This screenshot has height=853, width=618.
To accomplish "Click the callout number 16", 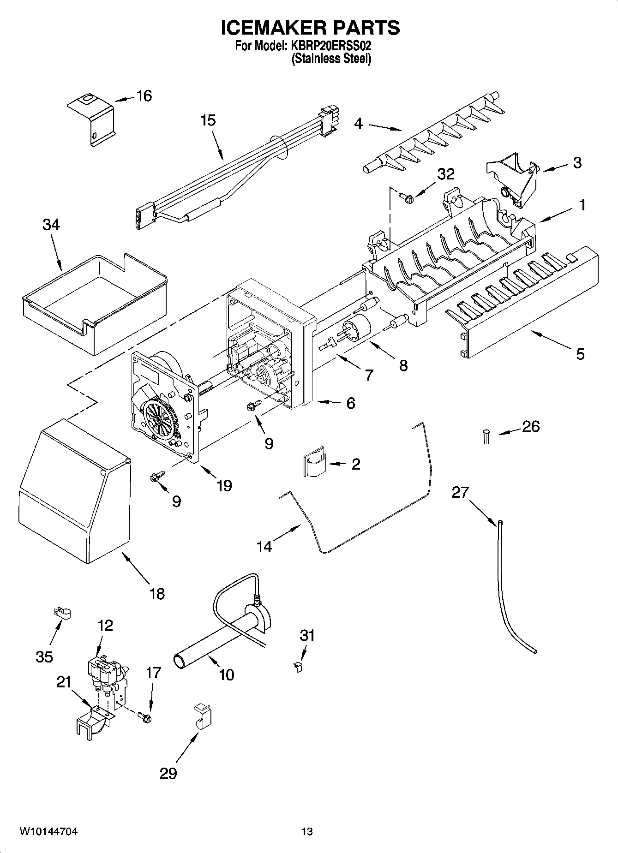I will [144, 96].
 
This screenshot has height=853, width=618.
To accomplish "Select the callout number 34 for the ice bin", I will [51, 225].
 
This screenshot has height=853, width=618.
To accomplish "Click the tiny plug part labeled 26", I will [486, 435].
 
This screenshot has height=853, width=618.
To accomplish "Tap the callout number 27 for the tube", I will [460, 493].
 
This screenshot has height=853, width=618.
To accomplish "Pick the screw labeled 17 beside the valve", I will [144, 716].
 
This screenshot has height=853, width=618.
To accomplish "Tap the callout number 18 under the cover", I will [157, 593].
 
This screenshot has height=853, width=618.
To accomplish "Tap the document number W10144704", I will [48, 831].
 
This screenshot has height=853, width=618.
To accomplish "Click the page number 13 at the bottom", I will [307, 831].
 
